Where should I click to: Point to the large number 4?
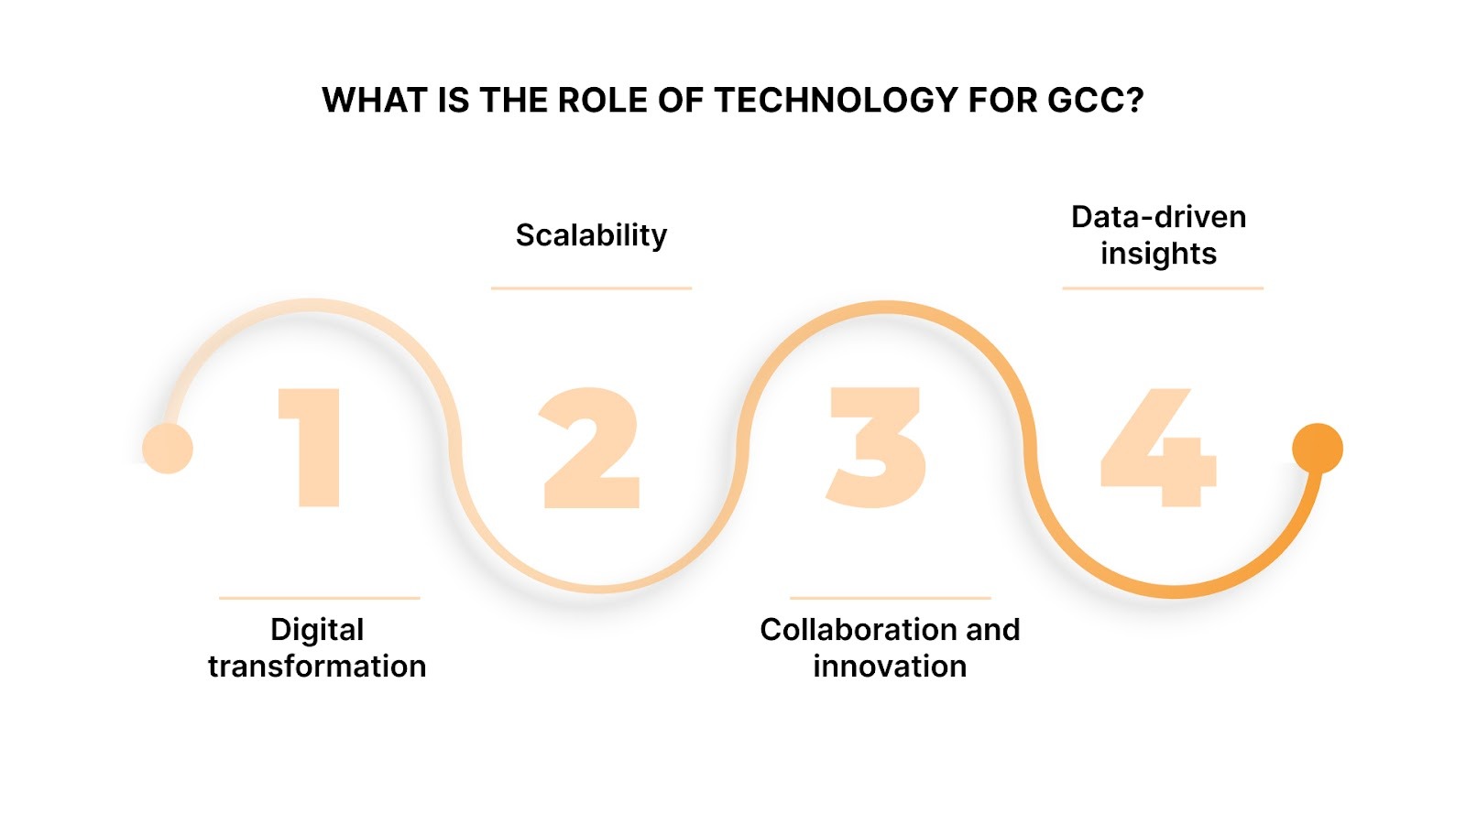coord(1159,449)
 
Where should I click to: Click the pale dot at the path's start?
coord(168,449)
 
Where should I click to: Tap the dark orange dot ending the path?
coord(1318,449)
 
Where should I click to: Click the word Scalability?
coord(591,235)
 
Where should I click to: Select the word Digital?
coord(317,630)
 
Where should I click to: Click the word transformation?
coord(317,667)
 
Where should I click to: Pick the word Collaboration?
coord(851,630)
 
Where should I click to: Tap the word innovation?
coord(890,667)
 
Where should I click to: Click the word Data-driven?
coord(1159,217)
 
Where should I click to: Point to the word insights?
coord(1159,254)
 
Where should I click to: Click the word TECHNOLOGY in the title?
coord(836,100)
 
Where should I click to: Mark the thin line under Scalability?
coord(591,288)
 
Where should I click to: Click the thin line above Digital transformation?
coord(319,598)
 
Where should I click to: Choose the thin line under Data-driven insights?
coord(1163,288)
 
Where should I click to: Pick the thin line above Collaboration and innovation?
coord(890,598)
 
